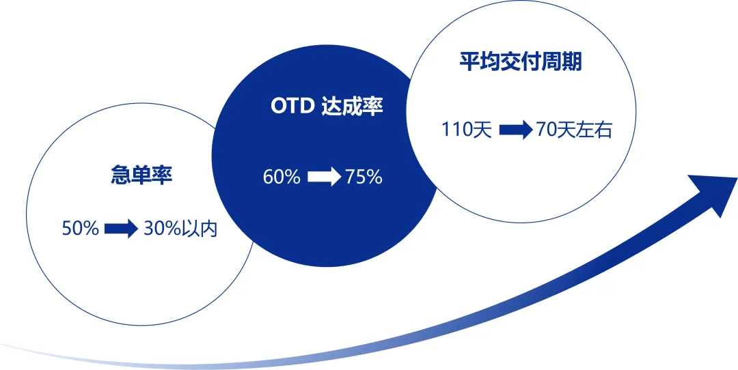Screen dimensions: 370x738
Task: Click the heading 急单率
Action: [x=141, y=176]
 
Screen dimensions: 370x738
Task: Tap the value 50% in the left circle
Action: [x=81, y=229]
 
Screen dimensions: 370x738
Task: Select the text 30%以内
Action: [x=180, y=229]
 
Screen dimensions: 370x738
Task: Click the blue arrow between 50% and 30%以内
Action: [x=122, y=229]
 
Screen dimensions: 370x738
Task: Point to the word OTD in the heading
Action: [x=292, y=107]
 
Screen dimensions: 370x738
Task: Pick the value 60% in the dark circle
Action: [x=282, y=177]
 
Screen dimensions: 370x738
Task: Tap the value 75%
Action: [x=364, y=177]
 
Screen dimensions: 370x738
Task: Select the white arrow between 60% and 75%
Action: [x=324, y=177]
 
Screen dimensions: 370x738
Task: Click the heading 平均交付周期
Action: [x=521, y=62]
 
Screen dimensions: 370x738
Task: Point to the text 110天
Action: [x=467, y=130]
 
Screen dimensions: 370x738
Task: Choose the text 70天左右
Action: [x=574, y=130]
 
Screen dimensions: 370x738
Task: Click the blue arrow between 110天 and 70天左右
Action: [x=515, y=130]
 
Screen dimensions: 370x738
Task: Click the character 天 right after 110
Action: [x=482, y=130]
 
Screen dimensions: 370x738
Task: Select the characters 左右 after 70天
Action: [x=594, y=130]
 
